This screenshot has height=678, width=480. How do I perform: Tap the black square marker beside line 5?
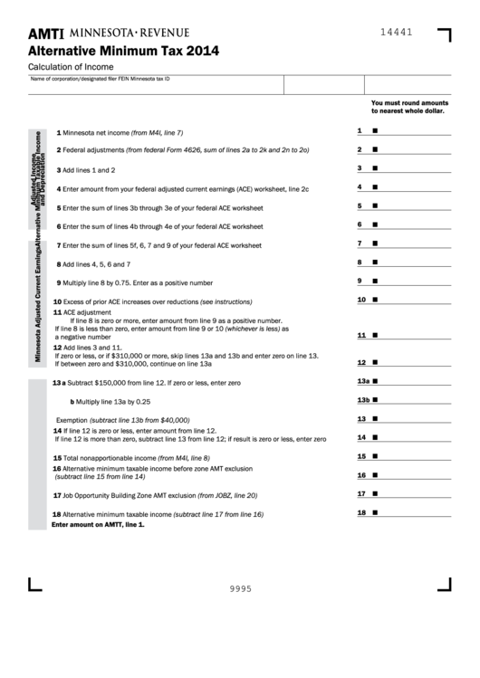[375, 206]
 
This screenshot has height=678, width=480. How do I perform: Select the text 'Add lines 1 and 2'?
[89, 169]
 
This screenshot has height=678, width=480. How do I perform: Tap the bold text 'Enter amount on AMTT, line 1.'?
[98, 524]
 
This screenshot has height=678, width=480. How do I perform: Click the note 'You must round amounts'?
[409, 104]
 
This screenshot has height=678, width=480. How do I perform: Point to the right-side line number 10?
[360, 300]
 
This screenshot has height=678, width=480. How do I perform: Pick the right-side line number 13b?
[363, 400]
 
